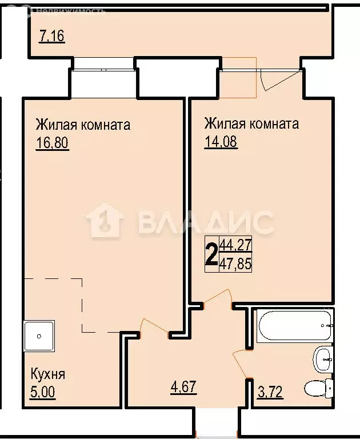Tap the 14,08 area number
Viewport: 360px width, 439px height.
point(221,141)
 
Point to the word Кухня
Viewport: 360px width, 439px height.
point(47,375)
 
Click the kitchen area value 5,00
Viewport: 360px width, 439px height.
point(44,393)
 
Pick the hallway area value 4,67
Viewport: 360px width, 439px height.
point(183,388)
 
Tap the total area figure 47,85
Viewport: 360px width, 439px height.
point(236,264)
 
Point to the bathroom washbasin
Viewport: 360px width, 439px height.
point(322,359)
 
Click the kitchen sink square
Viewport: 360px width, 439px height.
point(39,336)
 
